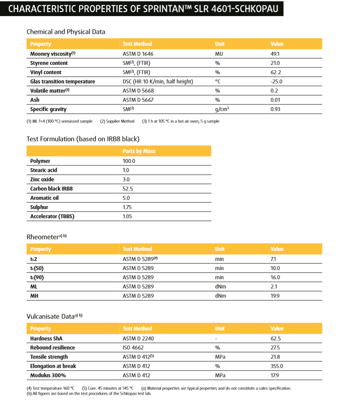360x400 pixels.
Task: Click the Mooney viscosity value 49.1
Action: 275,54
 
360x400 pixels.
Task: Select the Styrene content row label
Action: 49,63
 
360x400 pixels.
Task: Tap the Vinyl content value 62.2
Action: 276,72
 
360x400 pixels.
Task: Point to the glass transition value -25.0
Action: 276,81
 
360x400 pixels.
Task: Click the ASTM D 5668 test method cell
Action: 138,91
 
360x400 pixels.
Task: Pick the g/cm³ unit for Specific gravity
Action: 222,109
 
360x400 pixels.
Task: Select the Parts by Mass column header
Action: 139,151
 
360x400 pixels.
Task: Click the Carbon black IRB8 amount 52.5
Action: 128,189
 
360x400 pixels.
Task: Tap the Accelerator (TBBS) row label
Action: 52,216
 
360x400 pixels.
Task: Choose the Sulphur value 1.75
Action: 127,207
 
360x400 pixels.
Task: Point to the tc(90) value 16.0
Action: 275,278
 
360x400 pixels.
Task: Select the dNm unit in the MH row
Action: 221,296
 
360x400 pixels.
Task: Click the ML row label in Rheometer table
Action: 34,287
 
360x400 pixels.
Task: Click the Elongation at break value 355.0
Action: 277,366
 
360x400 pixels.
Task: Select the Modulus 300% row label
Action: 49,375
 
